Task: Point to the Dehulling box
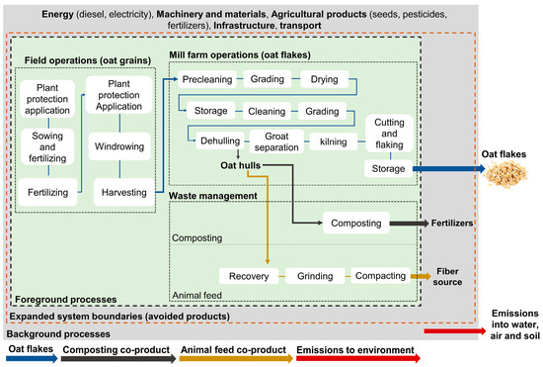pyautogui.click(x=219, y=141)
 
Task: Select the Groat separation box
pyautogui.click(x=275, y=141)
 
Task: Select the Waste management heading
pyautogui.click(x=219, y=196)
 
